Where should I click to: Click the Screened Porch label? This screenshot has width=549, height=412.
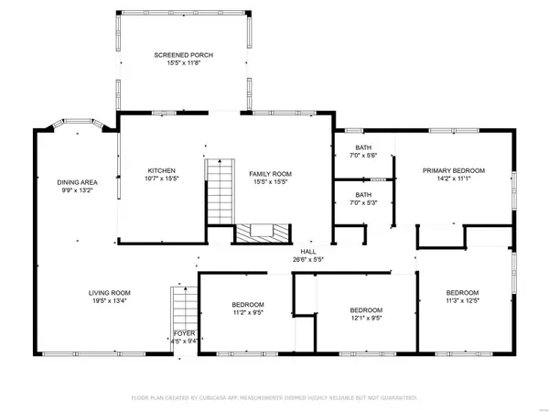click(184, 55)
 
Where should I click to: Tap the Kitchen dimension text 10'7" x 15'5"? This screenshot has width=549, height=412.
click(162, 179)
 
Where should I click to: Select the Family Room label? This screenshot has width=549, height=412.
click(270, 174)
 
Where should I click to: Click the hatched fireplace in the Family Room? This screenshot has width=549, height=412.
click(264, 233)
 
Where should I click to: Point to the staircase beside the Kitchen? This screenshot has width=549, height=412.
click(220, 191)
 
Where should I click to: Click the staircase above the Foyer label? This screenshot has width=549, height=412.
click(184, 309)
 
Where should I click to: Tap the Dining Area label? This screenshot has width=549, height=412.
click(78, 182)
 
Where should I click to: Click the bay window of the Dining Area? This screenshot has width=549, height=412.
click(78, 123)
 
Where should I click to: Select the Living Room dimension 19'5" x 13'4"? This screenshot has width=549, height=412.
click(109, 301)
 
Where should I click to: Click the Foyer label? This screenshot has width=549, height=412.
click(184, 333)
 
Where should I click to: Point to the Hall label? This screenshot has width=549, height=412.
click(308, 252)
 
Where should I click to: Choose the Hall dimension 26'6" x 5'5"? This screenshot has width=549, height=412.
click(308, 260)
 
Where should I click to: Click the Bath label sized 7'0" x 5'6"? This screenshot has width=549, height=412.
click(363, 147)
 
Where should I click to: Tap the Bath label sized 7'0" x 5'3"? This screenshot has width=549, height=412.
click(363, 195)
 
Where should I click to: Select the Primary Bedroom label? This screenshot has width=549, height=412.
click(454, 170)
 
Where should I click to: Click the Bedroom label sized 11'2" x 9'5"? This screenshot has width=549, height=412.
click(248, 305)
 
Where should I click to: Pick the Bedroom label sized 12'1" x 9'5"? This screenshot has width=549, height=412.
click(366, 310)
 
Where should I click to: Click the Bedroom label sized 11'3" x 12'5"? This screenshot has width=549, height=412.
click(462, 293)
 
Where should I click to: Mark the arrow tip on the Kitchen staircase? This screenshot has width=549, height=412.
click(220, 159)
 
